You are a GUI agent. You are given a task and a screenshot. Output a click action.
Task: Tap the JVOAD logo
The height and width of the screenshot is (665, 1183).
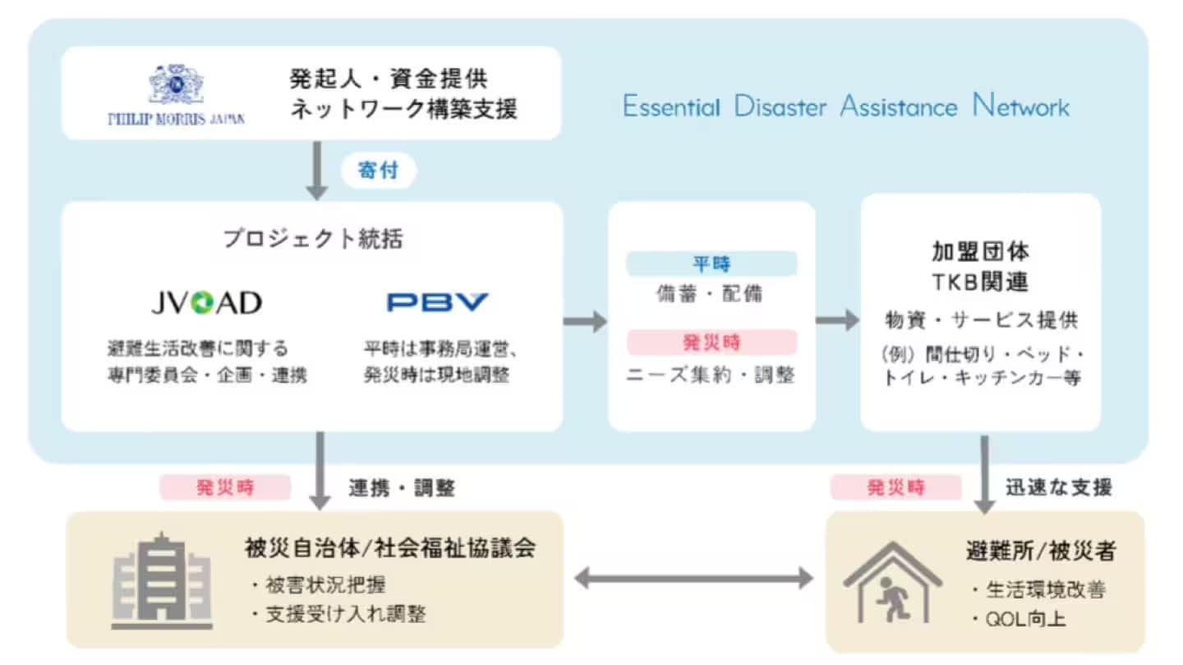point(206,303)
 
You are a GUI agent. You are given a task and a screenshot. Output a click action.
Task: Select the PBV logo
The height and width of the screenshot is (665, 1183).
point(437,303)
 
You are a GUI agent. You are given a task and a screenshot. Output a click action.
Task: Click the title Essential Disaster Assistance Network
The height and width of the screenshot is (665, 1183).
point(846,107)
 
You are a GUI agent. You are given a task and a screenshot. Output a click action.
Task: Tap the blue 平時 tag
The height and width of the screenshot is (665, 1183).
point(711,264)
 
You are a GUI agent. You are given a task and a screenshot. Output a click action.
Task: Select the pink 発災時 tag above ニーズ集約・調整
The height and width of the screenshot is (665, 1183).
point(711,342)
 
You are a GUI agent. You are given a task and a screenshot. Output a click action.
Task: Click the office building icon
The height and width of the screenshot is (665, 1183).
point(162,579)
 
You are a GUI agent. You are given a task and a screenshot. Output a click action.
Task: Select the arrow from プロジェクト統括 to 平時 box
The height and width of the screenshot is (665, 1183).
point(585,320)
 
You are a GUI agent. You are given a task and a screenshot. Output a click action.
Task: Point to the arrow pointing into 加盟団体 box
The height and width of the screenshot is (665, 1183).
point(837,320)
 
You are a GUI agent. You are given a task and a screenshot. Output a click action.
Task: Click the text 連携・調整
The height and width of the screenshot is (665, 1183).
point(401,488)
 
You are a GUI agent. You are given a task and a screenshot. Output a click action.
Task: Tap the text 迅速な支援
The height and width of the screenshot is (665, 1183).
point(1059,488)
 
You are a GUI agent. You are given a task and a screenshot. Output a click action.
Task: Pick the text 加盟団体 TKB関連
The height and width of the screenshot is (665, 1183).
point(980,266)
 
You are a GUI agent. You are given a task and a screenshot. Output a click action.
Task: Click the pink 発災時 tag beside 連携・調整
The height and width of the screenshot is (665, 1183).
point(225,488)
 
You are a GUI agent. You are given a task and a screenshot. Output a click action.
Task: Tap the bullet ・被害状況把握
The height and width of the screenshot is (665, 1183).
point(317,585)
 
